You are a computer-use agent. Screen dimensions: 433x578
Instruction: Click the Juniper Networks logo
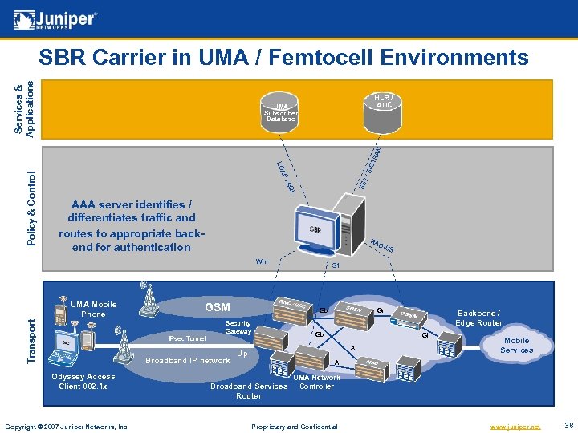tap(56, 19)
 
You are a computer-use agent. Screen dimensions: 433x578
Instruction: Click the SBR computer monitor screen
tap(317, 228)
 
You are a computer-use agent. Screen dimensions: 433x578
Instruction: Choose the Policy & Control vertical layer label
tap(31, 207)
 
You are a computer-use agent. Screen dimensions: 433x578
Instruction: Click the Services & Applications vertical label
tap(26, 107)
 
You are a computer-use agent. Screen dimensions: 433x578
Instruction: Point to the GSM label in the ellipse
tap(218, 307)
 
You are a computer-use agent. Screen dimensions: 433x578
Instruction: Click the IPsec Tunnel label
tap(187, 338)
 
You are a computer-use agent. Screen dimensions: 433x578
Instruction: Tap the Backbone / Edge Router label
tap(478, 318)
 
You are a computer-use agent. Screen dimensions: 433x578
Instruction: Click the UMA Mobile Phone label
tap(93, 309)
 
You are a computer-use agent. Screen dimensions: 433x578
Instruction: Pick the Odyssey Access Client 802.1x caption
tap(83, 381)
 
